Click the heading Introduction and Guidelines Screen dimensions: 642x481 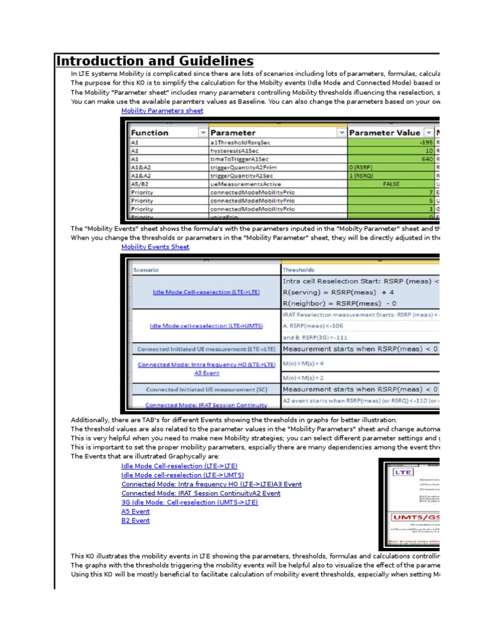[x=155, y=61]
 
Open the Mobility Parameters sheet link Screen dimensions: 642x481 [x=162, y=111]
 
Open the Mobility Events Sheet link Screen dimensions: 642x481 [x=155, y=247]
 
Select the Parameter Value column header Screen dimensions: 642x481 [x=384, y=133]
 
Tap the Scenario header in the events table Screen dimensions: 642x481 [x=145, y=270]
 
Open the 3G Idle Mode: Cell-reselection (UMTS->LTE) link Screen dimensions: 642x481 [x=189, y=502]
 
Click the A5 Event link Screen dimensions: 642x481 [x=135, y=512]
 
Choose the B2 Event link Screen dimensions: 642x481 [x=135, y=520]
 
